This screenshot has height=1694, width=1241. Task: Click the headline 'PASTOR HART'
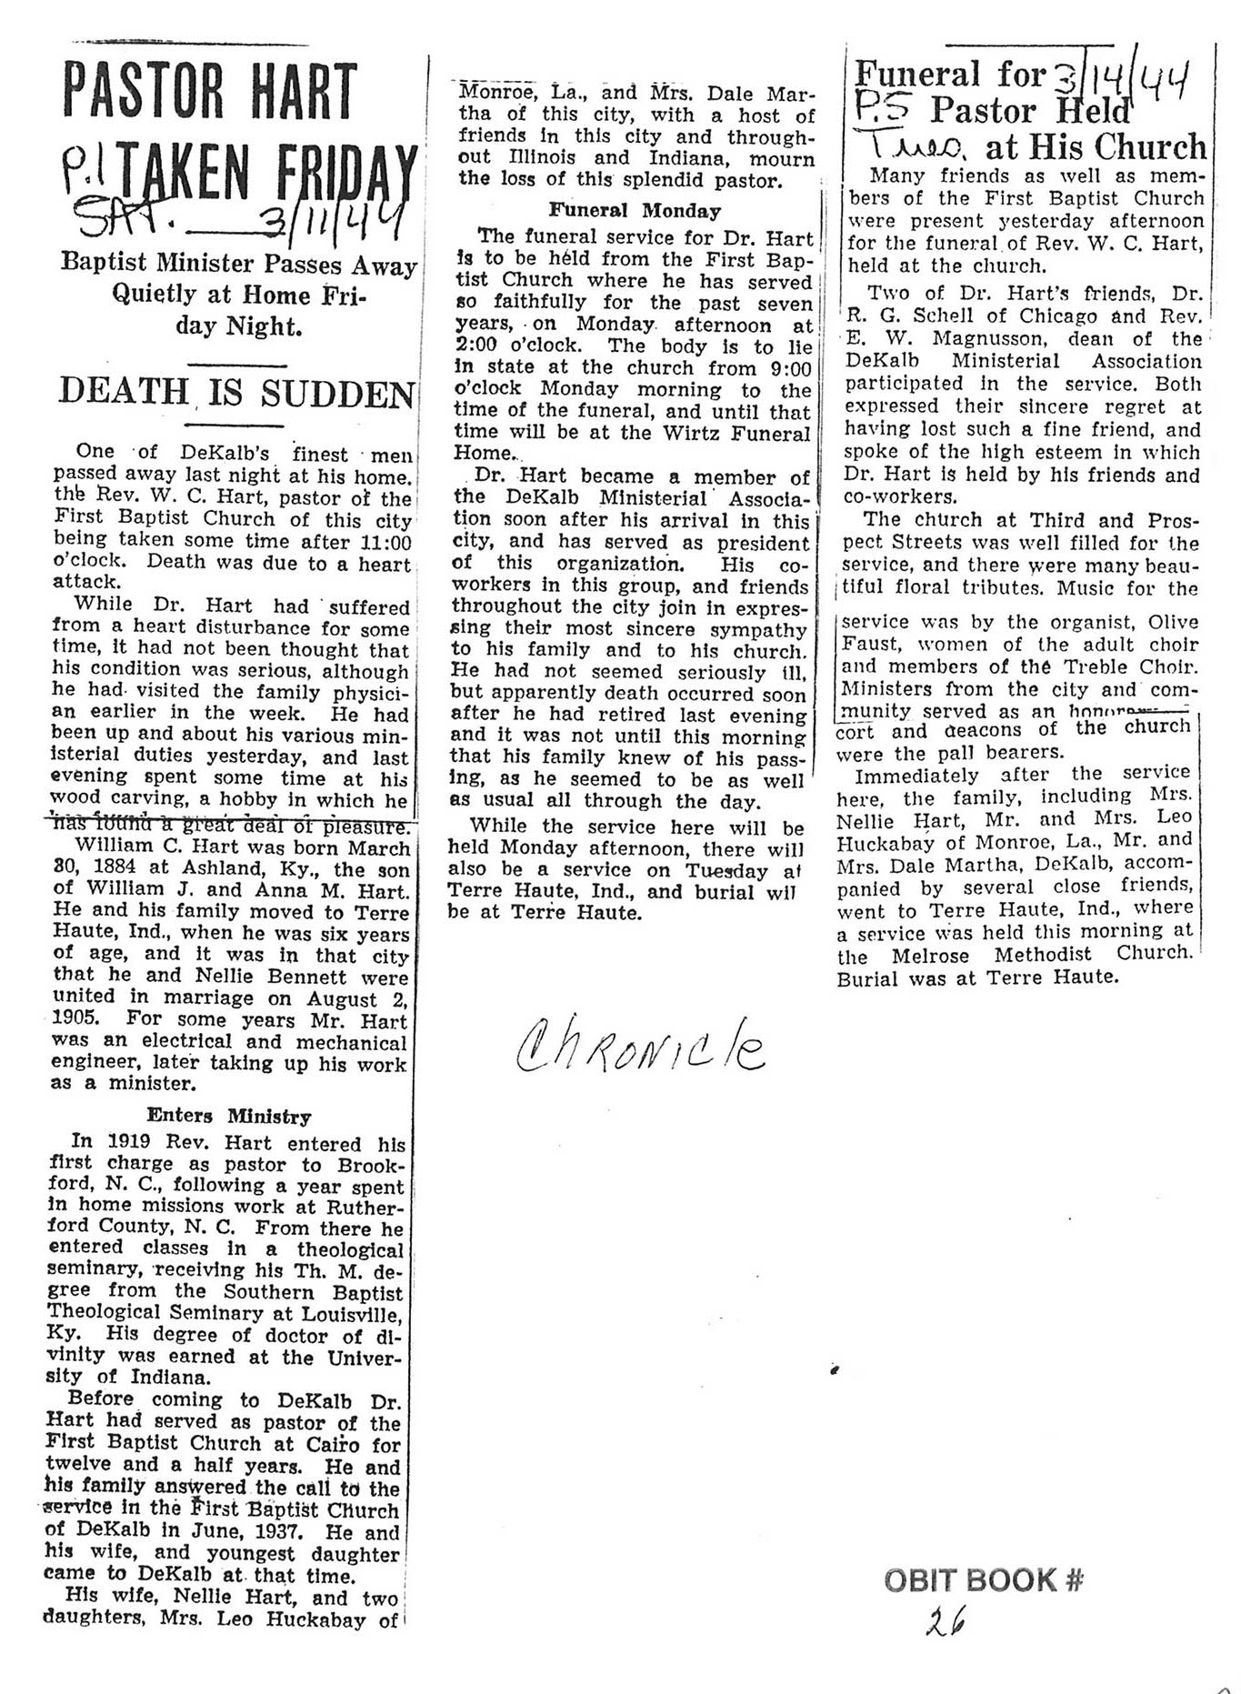point(210,93)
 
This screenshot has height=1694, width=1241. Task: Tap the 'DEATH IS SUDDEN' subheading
point(236,393)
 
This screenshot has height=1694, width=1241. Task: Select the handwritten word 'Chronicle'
point(641,1047)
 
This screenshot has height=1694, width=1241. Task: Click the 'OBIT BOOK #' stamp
point(984,1580)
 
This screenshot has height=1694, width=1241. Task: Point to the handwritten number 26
point(945,1621)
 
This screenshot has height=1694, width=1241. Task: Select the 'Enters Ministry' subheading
point(228,1117)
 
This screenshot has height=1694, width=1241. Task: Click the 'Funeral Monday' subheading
point(634,211)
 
